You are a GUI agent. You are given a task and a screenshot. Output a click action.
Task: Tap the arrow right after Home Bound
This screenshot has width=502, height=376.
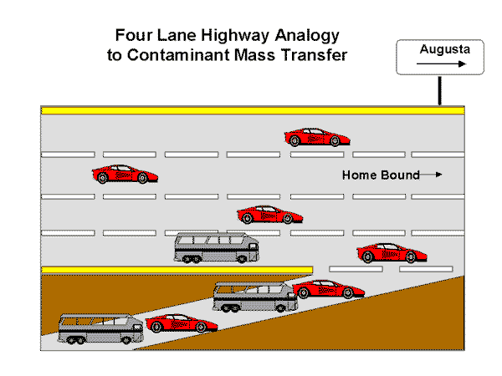[x=431, y=175]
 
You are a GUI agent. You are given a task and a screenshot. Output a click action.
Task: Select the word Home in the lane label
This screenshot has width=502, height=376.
[x=358, y=175]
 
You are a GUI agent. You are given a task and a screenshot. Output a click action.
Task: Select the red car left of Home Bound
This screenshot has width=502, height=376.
[x=125, y=175]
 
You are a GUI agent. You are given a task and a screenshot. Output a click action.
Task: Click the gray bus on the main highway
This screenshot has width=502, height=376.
[x=217, y=248]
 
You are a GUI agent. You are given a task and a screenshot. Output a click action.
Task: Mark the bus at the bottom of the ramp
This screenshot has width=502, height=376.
[x=100, y=328]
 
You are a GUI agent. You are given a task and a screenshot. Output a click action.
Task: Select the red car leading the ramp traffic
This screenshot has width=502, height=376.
[x=328, y=289]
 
